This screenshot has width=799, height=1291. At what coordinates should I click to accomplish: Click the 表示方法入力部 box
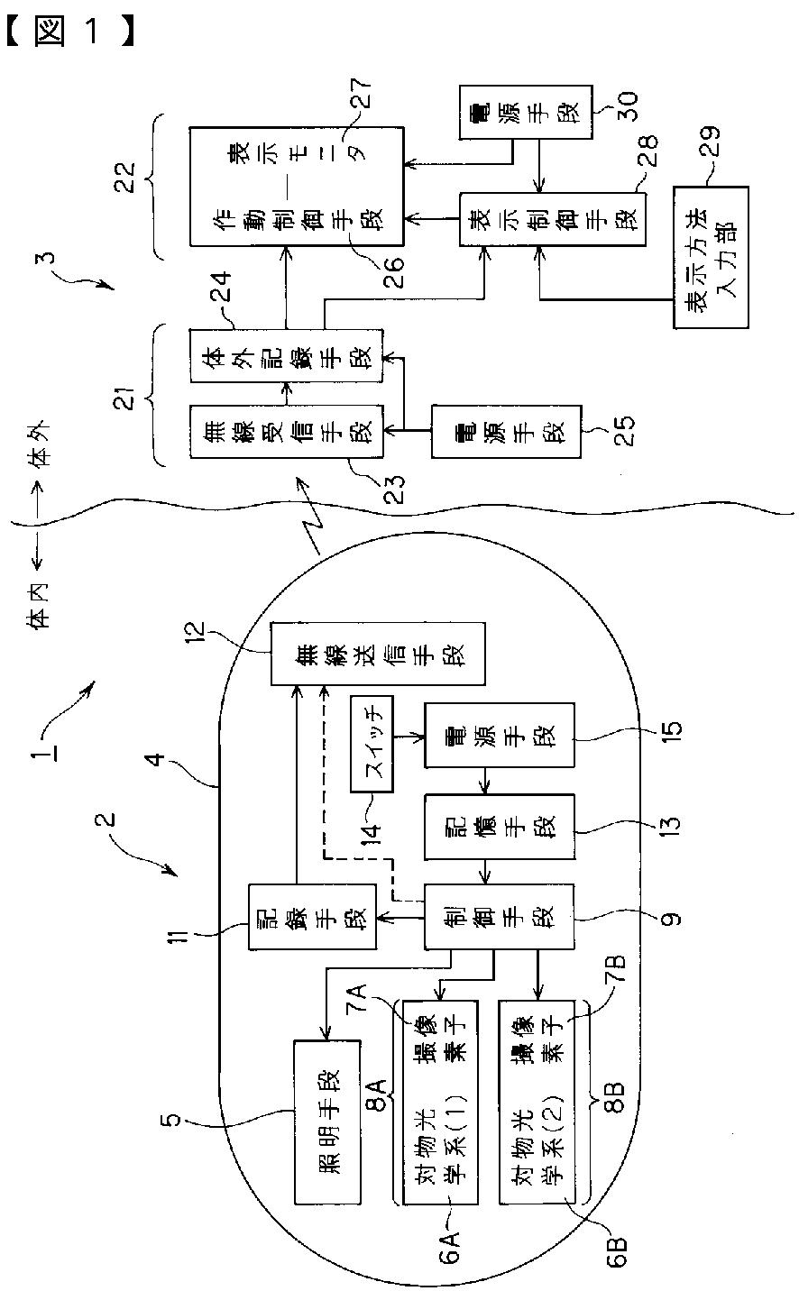[x=710, y=258]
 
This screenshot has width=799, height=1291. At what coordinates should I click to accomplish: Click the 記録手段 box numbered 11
[x=312, y=916]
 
